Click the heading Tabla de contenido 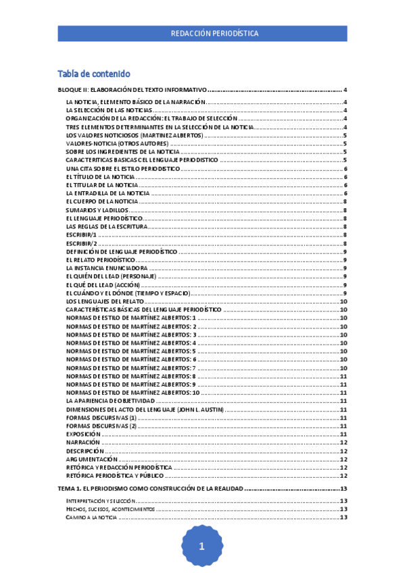(x=94, y=74)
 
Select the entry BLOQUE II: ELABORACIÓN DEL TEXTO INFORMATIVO (x=131, y=91)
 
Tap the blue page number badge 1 (x=201, y=548)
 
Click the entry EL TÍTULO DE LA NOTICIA (x=101, y=176)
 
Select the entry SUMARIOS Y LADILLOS (x=97, y=210)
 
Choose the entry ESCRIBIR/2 (x=82, y=243)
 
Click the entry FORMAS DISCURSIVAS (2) (x=101, y=426)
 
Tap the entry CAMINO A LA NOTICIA (x=91, y=517)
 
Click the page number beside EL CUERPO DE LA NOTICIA (x=345, y=201)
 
